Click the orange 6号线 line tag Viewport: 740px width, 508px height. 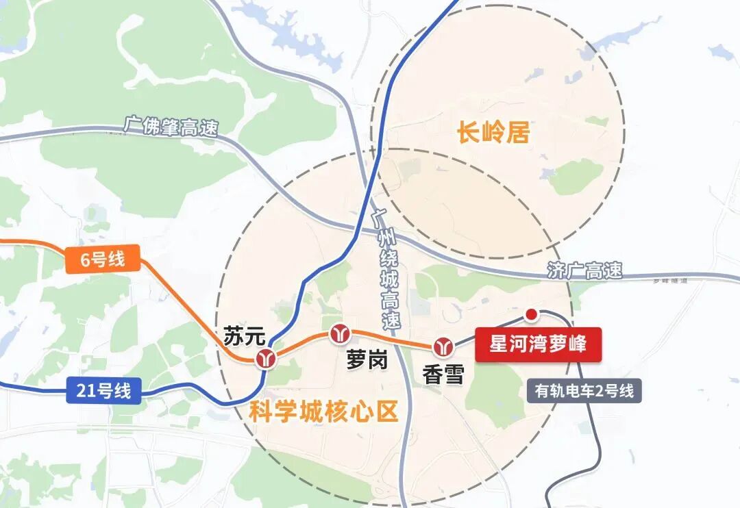coord(102,260)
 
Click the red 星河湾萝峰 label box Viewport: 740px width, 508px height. coord(538,344)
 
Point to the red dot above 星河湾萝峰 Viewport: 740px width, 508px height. coord(531,314)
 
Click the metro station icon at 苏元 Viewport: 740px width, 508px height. coord(265,358)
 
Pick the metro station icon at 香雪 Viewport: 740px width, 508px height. coord(444,346)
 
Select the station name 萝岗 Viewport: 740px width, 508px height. coord(367,359)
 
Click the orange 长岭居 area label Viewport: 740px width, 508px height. coord(493,132)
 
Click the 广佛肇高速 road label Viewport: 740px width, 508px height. coord(171,127)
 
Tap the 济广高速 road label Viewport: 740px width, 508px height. coord(585,270)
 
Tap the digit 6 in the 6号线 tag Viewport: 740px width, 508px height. coord(85,260)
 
